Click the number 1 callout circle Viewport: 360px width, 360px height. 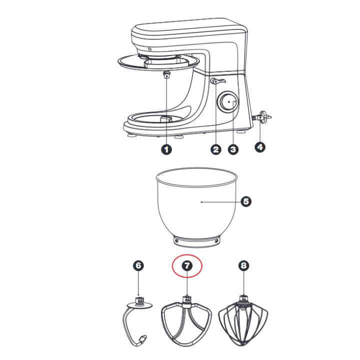pyautogui.click(x=166, y=149)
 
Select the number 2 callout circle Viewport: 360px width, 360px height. pyautogui.click(x=216, y=149)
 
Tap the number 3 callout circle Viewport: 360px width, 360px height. pyautogui.click(x=233, y=149)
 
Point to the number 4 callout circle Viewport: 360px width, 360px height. pyautogui.click(x=260, y=147)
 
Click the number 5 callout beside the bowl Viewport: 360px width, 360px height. pyautogui.click(x=246, y=201)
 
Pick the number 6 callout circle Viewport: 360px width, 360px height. pyautogui.click(x=138, y=265)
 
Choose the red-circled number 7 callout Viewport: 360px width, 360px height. pyautogui.click(x=187, y=265)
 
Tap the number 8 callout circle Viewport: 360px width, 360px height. pyautogui.click(x=243, y=265)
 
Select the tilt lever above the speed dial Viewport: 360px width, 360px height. pyautogui.click(x=217, y=81)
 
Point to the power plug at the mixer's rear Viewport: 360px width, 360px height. pyautogui.click(x=263, y=117)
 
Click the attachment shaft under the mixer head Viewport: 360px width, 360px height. pyautogui.click(x=166, y=75)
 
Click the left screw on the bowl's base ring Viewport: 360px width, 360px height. pyautogui.click(x=176, y=241)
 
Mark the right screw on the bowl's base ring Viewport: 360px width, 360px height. pyautogui.click(x=216, y=241)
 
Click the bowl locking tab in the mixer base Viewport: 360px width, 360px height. pyautogui.click(x=166, y=119)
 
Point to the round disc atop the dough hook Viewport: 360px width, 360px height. pyautogui.click(x=139, y=305)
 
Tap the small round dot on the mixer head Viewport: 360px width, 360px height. pyautogui.click(x=149, y=49)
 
